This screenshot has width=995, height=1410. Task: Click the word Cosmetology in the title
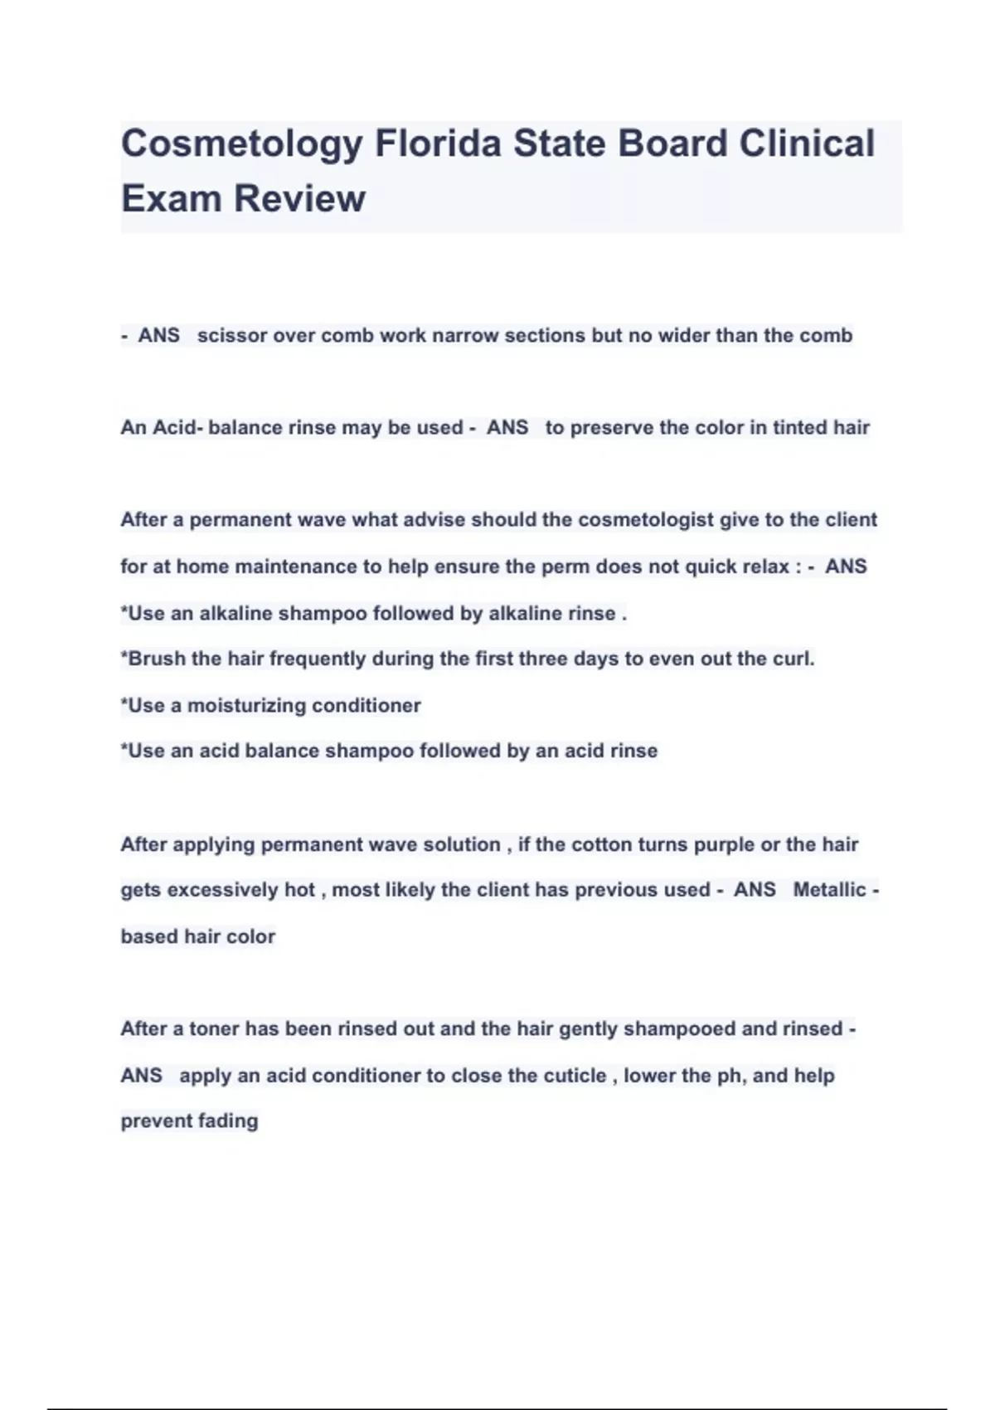pos(242,144)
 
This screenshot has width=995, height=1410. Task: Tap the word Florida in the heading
pos(438,144)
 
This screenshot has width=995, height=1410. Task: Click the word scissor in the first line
pos(232,336)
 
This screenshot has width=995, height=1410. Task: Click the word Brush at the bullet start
pos(156,659)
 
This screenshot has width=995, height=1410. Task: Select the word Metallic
pos(829,890)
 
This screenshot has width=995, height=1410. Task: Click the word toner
pos(214,1029)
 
